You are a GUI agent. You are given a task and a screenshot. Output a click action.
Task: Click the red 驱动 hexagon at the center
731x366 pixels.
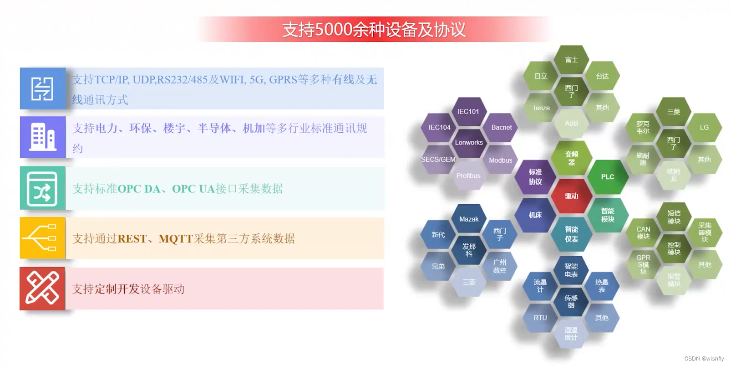pyautogui.click(x=571, y=196)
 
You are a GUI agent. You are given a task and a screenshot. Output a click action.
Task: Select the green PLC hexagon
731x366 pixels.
pyautogui.click(x=607, y=177)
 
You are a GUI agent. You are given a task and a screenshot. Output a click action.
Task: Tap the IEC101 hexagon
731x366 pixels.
pyautogui.click(x=468, y=111)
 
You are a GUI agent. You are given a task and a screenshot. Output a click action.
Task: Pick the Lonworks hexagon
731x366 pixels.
pyautogui.click(x=469, y=142)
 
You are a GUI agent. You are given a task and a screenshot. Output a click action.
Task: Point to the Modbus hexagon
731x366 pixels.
pyautogui.click(x=500, y=160)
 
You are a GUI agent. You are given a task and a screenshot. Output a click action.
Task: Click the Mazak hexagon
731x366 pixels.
pyautogui.click(x=468, y=219)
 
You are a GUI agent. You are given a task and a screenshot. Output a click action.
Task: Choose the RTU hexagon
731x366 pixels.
pyautogui.click(x=540, y=318)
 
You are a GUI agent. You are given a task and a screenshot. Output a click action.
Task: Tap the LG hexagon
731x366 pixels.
pyautogui.click(x=704, y=127)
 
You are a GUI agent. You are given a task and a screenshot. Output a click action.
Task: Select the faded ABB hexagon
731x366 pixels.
pyautogui.click(x=571, y=123)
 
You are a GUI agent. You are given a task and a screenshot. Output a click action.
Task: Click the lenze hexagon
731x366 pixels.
pyautogui.click(x=541, y=108)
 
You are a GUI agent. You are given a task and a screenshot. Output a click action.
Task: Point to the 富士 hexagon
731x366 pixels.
pyautogui.click(x=571, y=60)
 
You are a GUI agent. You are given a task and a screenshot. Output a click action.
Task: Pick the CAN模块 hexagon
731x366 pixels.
pyautogui.click(x=643, y=232)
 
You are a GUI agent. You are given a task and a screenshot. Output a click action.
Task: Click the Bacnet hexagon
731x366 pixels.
pyautogui.click(x=501, y=127)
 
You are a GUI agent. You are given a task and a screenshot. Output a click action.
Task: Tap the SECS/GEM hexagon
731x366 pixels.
pyautogui.click(x=438, y=159)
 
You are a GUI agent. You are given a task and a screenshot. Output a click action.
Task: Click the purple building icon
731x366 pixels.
pyautogui.click(x=43, y=137)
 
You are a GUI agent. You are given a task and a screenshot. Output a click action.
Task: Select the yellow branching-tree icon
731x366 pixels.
pyautogui.click(x=42, y=238)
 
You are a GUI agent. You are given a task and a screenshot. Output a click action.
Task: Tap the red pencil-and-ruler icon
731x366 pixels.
pyautogui.click(x=42, y=289)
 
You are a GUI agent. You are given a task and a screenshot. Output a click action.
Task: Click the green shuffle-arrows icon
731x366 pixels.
pyautogui.click(x=42, y=188)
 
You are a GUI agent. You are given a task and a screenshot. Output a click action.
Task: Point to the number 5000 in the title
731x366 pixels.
pyautogui.click(x=334, y=30)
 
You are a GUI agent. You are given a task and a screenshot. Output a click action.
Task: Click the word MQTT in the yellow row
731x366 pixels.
pyautogui.click(x=175, y=238)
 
